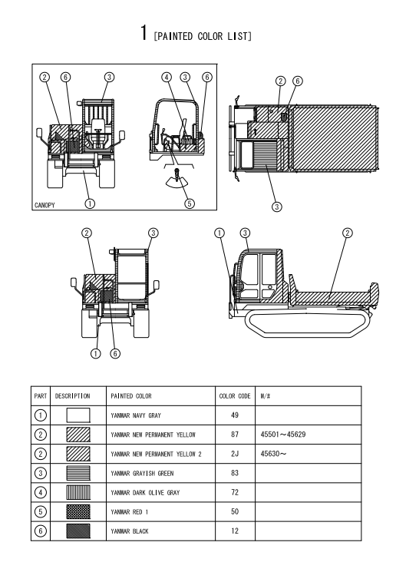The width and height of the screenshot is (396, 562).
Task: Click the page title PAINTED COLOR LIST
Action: point(203,36)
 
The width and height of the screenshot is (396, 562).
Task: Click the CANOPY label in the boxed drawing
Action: point(45,205)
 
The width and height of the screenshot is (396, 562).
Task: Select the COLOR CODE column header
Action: point(235,396)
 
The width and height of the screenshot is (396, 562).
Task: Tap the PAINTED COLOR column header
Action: point(131,396)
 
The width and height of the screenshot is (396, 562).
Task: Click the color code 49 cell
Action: point(235,415)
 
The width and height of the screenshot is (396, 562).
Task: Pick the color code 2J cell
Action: point(235,454)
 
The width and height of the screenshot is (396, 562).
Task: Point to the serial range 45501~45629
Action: point(283,435)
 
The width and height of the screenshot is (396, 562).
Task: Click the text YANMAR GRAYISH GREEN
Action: point(142,474)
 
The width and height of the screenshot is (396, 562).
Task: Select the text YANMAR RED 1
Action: point(130,512)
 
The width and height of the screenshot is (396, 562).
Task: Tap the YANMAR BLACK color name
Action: point(130,531)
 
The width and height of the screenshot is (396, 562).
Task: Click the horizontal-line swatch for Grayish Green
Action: point(78,473)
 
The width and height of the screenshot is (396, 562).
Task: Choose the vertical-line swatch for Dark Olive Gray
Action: point(78,492)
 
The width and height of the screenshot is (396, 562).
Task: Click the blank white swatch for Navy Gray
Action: point(78,415)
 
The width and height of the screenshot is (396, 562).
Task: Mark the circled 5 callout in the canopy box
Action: point(190,203)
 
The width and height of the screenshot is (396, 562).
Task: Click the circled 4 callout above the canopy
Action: point(167,77)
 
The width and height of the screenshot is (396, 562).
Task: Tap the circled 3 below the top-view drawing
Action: point(276,207)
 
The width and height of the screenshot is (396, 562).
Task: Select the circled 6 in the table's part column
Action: point(41,531)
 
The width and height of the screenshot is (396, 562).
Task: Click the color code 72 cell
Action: point(235,492)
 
